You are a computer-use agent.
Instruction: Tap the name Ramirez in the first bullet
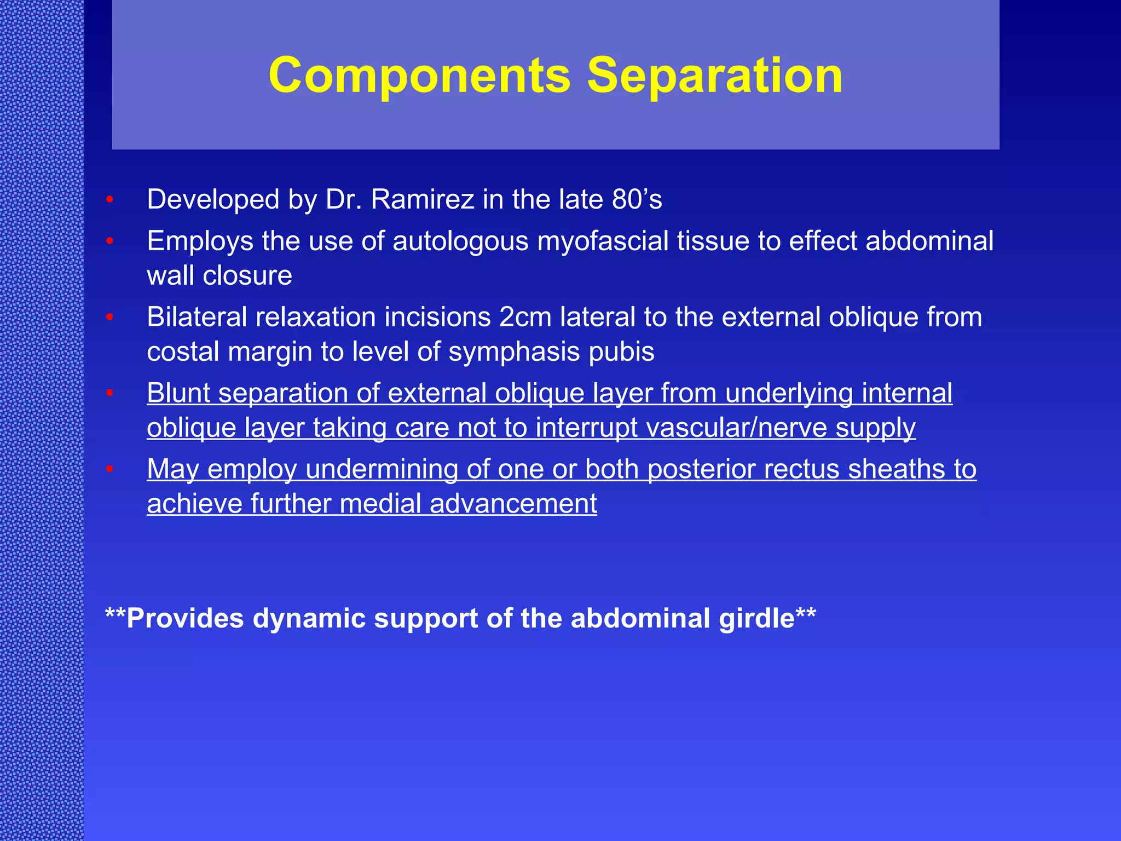[x=422, y=199]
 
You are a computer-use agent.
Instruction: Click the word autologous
[x=460, y=241]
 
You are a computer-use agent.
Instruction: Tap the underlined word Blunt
[x=178, y=394]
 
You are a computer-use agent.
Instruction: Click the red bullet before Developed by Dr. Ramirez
[x=109, y=200]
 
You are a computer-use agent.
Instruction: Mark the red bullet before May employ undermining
[x=109, y=470]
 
